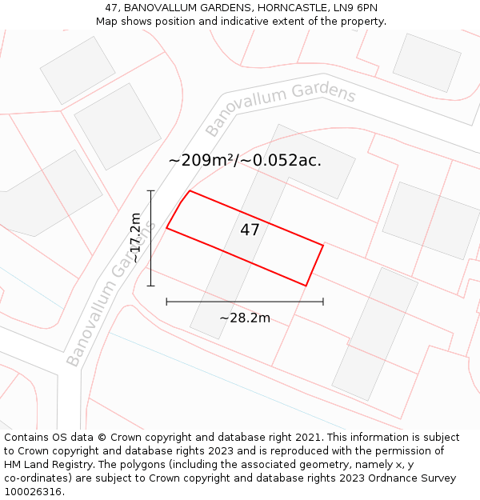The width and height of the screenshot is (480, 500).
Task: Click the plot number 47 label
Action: tap(250, 230)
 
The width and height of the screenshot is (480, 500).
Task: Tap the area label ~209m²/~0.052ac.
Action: tap(245, 160)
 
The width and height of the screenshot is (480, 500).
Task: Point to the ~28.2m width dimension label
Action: tap(245, 318)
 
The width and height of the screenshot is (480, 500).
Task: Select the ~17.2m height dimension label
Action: tap(136, 238)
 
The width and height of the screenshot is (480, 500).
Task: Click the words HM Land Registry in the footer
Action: tap(45, 464)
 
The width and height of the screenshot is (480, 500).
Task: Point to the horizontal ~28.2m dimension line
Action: tap(245, 302)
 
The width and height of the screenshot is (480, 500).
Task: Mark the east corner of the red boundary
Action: tap(323, 246)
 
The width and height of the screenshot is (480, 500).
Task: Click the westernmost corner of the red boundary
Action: tap(166, 228)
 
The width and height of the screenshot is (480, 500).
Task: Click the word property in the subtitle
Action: tap(362, 21)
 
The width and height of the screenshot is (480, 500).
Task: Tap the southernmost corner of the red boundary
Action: tap(306, 285)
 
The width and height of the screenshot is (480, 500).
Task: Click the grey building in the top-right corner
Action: tap(426, 62)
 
